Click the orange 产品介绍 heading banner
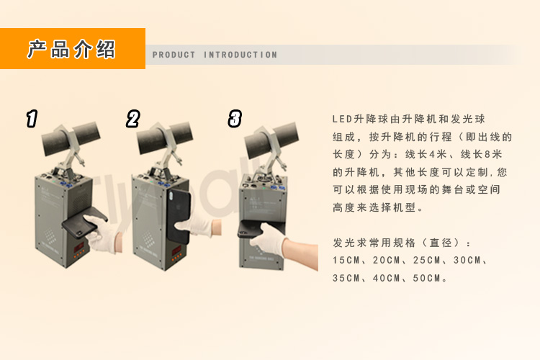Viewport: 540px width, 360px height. point(72,48)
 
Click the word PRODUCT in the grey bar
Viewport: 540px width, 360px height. point(174,55)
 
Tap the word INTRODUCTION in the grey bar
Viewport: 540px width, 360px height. point(240,55)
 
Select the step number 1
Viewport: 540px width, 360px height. point(32,119)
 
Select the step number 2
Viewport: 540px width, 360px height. point(133,119)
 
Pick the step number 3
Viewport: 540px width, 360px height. point(235,119)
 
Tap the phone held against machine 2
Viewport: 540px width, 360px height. point(179,216)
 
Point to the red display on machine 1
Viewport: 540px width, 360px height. point(78,247)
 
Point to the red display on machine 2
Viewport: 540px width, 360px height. point(176,251)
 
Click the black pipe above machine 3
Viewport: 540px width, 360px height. point(271,140)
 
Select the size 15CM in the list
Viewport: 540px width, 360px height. point(346,260)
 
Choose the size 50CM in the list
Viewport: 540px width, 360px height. point(426,278)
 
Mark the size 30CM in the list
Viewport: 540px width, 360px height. point(467,260)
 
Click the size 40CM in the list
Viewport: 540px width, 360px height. point(386,278)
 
